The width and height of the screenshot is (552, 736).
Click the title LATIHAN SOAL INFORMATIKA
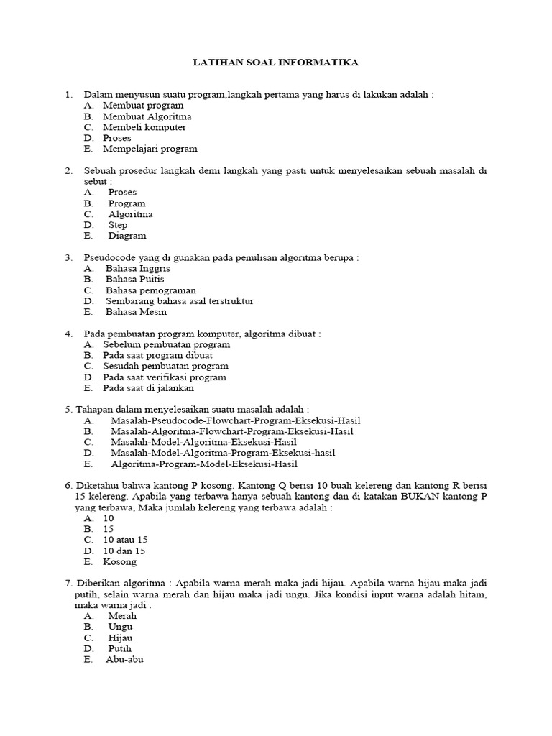click(276, 63)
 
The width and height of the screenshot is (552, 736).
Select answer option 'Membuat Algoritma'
click(147, 116)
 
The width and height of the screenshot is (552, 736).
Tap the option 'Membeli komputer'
click(144, 127)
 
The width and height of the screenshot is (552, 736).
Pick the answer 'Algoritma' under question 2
click(130, 214)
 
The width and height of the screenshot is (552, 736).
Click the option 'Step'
click(118, 225)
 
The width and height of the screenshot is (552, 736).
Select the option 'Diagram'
click(127, 236)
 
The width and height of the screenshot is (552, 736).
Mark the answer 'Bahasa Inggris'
click(137, 268)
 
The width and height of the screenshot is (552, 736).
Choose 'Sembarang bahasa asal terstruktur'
click(179, 301)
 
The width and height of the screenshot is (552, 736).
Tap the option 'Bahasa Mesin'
click(136, 312)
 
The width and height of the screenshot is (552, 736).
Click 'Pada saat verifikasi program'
click(164, 377)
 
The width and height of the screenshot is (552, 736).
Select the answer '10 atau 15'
click(126, 540)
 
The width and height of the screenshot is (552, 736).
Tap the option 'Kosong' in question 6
click(119, 561)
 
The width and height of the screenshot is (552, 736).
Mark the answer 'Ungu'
click(120, 627)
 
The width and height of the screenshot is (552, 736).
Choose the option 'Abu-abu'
click(124, 659)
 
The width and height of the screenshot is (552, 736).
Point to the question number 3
click(68, 257)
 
